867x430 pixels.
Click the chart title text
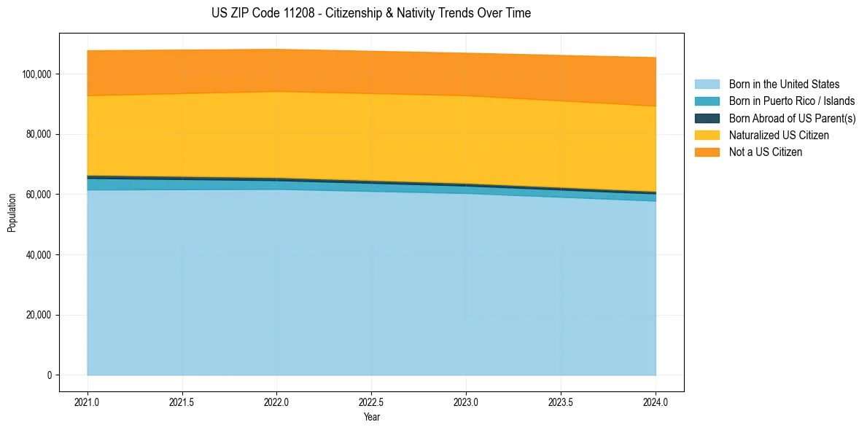point(371,13)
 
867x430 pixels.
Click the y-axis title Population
point(12,212)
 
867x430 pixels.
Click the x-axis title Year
point(371,417)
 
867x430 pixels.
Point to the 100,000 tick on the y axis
point(38,74)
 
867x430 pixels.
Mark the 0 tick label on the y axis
point(50,375)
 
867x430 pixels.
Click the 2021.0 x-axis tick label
point(87,402)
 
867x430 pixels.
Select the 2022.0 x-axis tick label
point(276,402)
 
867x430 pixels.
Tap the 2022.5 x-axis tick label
point(371,402)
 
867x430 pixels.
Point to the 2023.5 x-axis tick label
point(561,402)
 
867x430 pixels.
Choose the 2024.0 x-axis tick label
point(656,402)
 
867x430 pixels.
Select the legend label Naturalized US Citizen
point(779,136)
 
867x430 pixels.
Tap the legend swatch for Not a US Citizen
point(707,152)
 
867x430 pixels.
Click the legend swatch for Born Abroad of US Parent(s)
point(707,118)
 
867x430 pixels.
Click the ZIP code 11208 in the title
point(296,13)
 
